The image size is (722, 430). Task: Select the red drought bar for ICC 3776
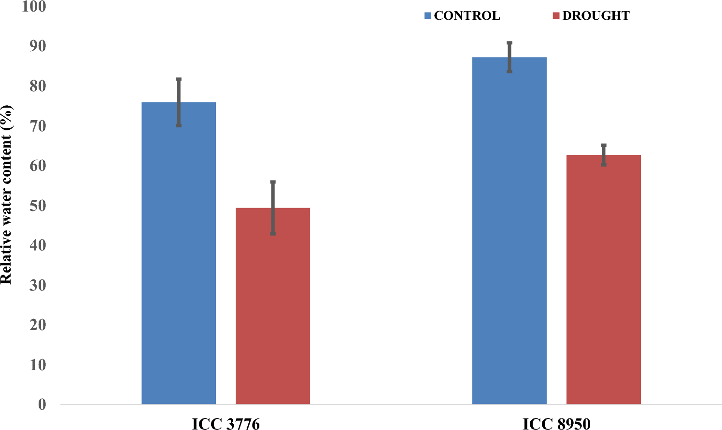click(273, 309)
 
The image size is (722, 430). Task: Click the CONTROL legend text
click(467, 16)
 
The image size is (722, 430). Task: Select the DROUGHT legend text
click(596, 16)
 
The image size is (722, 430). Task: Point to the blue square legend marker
click(427, 16)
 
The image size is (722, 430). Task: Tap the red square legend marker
click(556, 16)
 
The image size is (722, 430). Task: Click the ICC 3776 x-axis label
click(226, 424)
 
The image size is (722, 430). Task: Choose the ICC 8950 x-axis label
click(556, 424)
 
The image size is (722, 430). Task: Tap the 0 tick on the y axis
click(42, 404)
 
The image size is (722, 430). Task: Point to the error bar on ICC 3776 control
click(179, 102)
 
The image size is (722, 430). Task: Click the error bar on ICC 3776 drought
click(273, 208)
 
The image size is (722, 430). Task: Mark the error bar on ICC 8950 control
click(510, 57)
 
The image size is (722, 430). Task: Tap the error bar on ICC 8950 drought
click(604, 154)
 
